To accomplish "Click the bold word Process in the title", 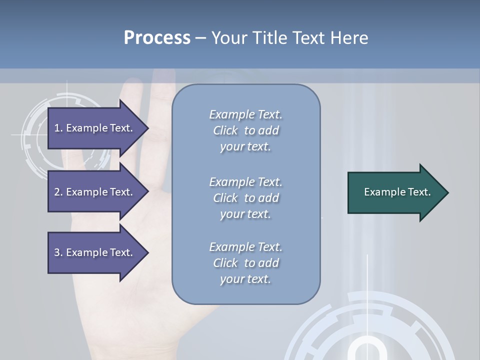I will pos(157,38).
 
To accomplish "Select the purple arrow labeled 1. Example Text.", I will pos(95,128).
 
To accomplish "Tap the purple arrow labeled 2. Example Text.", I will pos(95,192).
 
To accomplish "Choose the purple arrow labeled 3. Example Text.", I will pos(95,252).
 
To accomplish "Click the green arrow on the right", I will pos(395,192).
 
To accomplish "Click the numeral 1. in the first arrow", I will pos(58,128).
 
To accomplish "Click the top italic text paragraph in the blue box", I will pos(245,130).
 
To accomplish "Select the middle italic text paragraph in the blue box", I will pos(245,198).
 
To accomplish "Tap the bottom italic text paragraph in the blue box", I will pos(245,263).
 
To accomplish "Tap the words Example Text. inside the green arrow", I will pos(397,192).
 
